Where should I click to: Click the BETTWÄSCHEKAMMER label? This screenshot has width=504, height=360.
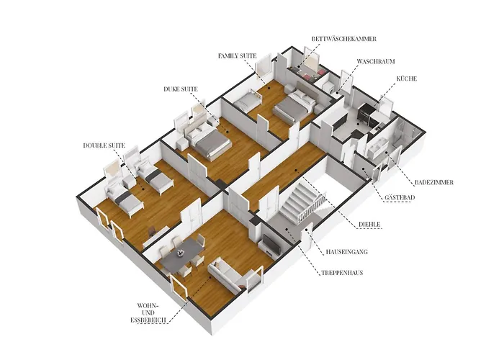pos(344,39)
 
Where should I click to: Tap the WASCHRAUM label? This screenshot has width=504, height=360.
pos(376,61)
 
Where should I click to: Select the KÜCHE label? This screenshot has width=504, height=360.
pos(407,78)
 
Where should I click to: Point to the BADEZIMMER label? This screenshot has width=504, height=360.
pos(434,182)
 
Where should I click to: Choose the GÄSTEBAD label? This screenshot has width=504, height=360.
pos(400,197)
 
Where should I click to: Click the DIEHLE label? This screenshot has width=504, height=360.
pos(369,224)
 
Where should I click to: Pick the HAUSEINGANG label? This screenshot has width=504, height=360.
pos(346,252)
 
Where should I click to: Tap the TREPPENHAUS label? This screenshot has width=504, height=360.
pos(342,273)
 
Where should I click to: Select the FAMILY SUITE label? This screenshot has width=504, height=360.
pos(237,56)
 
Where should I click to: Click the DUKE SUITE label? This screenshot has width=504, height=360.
pos(180,89)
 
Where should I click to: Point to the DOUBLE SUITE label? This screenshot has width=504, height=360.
pos(104,145)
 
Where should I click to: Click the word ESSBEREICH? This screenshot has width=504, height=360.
pos(148,320)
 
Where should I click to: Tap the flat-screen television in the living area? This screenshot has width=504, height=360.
pos(271,243)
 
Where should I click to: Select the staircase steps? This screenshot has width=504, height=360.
pos(297,201)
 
